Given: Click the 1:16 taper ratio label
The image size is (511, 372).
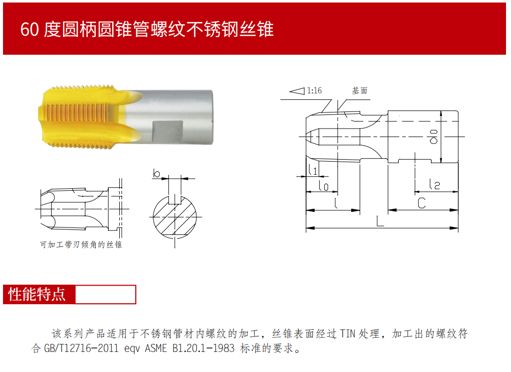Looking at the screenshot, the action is click(x=314, y=90).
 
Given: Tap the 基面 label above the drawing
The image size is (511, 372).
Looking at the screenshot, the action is click(x=360, y=90).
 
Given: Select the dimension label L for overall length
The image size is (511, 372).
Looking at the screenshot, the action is click(x=380, y=221).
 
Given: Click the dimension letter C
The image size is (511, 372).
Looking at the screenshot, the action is click(x=422, y=203).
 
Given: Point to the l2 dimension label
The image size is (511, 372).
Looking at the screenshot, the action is click(x=434, y=184).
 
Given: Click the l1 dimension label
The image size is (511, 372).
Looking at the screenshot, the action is click(x=313, y=170).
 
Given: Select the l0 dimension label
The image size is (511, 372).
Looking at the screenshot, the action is click(x=323, y=185).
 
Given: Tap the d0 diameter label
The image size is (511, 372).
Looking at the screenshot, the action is click(x=433, y=137).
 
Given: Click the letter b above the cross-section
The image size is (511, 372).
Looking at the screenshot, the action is click(x=156, y=173).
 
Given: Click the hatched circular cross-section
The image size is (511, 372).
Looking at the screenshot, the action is click(x=175, y=216).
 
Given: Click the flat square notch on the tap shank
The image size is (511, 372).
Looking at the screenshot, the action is click(x=168, y=132).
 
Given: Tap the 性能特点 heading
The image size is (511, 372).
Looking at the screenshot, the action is click(x=37, y=294).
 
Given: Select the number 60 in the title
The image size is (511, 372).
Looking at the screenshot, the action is click(x=30, y=30).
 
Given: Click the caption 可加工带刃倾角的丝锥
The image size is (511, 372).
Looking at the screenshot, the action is click(x=81, y=244).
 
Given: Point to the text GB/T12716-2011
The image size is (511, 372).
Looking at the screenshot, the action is click(x=81, y=348).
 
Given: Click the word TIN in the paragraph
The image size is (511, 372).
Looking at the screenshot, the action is click(x=347, y=333).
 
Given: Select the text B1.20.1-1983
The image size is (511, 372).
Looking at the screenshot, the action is click(x=203, y=348).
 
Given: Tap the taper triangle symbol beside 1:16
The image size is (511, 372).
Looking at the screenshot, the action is click(x=297, y=91).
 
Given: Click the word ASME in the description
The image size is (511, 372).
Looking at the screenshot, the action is click(x=156, y=348).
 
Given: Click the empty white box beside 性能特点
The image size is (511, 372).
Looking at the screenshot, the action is click(x=105, y=294).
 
